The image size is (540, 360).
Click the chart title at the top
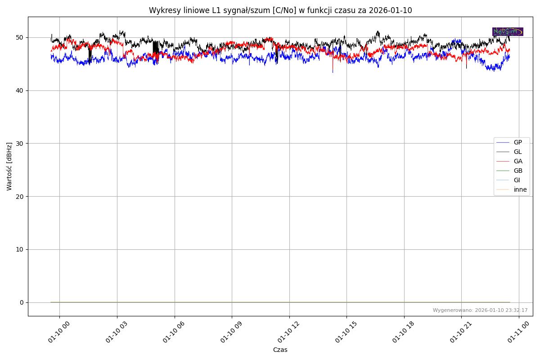[280, 10]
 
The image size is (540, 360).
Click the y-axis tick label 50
[20, 38]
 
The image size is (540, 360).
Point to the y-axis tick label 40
[20, 90]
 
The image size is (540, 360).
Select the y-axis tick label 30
[20, 144]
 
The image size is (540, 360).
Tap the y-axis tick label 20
[20, 197]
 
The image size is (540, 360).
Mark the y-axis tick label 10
[20, 249]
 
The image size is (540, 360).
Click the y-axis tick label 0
[22, 302]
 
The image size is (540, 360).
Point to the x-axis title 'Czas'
[280, 350]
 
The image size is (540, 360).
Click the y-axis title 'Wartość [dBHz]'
[9, 166]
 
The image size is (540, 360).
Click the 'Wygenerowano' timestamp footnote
[480, 310]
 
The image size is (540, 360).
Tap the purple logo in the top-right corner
[508, 31]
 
